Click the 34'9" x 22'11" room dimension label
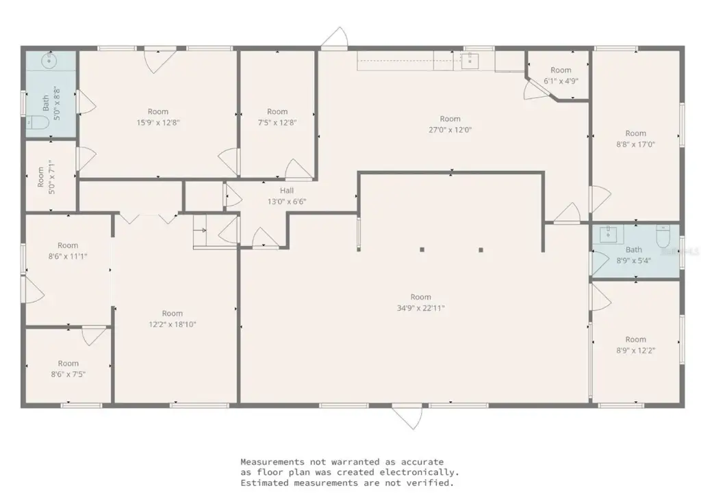coord(421,308)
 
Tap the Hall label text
coord(286,191)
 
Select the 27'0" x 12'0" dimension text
coord(450,129)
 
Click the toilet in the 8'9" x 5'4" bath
coord(663,236)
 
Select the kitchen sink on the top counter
coord(470,61)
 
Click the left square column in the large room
coord(422,249)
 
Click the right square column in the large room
coord(481,249)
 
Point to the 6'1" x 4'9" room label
coord(561,81)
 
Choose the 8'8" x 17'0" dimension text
coord(635,144)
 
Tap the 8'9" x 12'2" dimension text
coord(635,350)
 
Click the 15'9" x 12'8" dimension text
coord(158,122)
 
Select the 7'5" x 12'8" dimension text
coord(277,122)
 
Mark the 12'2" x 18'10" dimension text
coord(173,325)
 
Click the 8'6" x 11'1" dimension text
coord(68,256)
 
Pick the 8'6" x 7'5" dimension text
coord(68,374)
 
